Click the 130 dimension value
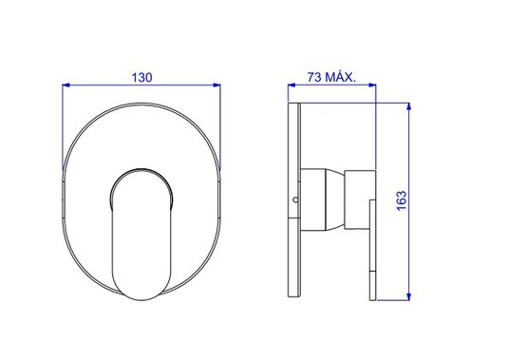pos(141,78)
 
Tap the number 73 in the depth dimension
pos(314,77)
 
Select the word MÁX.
pos(340,77)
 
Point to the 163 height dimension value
pos(402,200)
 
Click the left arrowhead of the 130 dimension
pos(66,85)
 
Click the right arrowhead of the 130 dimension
pos(216,85)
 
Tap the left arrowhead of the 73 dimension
pos(291,85)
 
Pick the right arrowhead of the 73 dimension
pos(372,85)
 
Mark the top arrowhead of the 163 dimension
pos(409,107)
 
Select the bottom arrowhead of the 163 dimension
pos(409,296)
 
